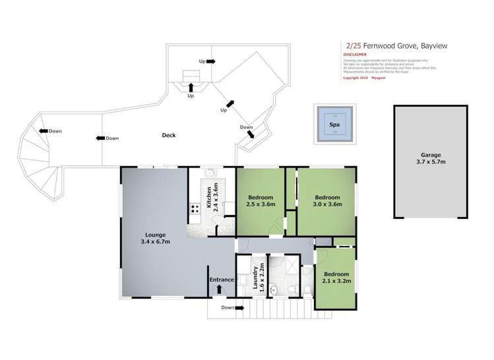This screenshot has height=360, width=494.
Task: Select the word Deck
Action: (x=168, y=136)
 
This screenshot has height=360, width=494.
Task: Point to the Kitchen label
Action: (x=208, y=197)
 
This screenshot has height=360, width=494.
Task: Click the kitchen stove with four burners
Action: (x=196, y=210)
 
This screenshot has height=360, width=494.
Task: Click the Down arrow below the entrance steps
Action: (x=243, y=307)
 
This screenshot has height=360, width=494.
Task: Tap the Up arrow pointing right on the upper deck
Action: (x=210, y=61)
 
